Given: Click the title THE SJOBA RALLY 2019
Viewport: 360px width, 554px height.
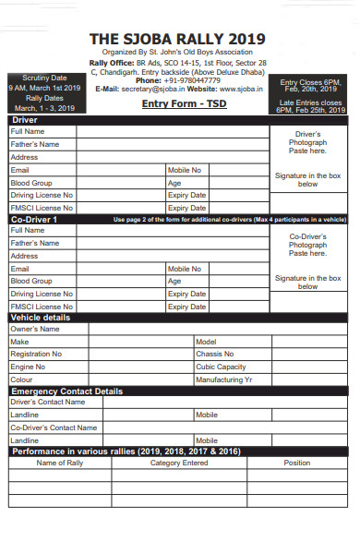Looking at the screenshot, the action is coord(176,39).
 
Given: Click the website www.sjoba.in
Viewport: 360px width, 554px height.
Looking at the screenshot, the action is coord(239,89).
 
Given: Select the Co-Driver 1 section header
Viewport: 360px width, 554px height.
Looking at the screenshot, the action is coord(37,220).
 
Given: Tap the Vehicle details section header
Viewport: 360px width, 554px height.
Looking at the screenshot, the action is coord(42,318).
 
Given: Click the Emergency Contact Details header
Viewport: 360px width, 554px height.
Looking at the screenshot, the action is coord(66,391).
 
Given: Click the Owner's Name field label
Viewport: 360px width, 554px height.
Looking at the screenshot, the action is coord(35,329).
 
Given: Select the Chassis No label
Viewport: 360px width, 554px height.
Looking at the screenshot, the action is coord(215,354).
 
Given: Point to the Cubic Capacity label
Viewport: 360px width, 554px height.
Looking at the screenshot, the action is coord(222,367).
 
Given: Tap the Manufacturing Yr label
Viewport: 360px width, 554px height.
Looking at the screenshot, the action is coord(224,379).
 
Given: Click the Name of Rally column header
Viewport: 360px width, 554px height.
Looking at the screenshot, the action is coord(59,463).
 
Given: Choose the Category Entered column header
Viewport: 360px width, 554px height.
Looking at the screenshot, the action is coord(179,463).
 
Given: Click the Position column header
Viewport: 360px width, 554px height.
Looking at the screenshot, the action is coord(296,463).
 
